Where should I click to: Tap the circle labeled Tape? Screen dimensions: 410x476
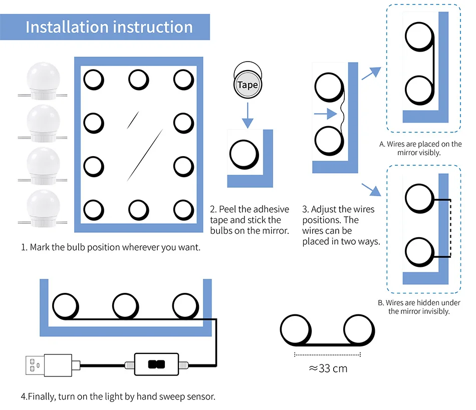[x=247, y=85]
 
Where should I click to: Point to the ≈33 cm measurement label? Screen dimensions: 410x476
[x=328, y=369]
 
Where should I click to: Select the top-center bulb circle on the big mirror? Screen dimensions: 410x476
[x=138, y=79]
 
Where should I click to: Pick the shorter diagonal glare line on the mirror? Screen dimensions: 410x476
[x=132, y=119]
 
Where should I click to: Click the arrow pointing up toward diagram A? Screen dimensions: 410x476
[x=370, y=74]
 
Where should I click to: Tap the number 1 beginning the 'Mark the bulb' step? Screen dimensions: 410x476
[x=23, y=247]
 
